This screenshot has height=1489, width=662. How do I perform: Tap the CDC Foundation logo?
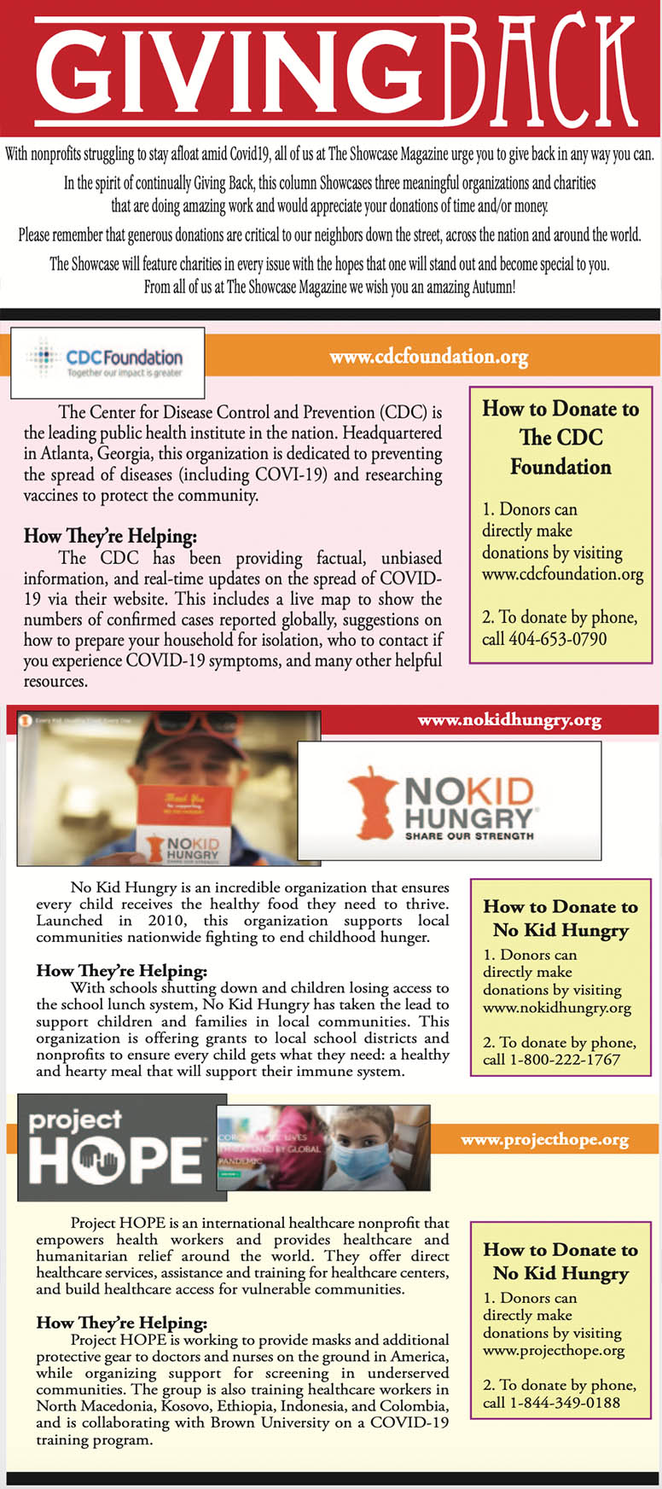point(107,362)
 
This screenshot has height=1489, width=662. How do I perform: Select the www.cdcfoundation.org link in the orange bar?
point(428,357)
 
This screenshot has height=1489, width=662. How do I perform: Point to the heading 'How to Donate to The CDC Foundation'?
point(560,438)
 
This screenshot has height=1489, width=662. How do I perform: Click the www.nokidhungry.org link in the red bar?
point(508,720)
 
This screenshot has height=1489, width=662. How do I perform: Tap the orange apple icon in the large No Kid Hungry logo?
point(372,802)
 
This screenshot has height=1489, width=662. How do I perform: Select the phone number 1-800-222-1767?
point(564,1060)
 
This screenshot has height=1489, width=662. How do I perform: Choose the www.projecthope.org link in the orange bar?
point(544,1140)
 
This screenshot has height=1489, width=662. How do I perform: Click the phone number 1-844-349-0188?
point(564,1403)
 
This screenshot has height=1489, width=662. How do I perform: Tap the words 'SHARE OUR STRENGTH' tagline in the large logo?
point(469,835)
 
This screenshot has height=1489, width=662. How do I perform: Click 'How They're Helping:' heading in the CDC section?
point(110,537)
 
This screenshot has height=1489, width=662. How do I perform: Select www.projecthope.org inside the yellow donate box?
point(554,1351)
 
